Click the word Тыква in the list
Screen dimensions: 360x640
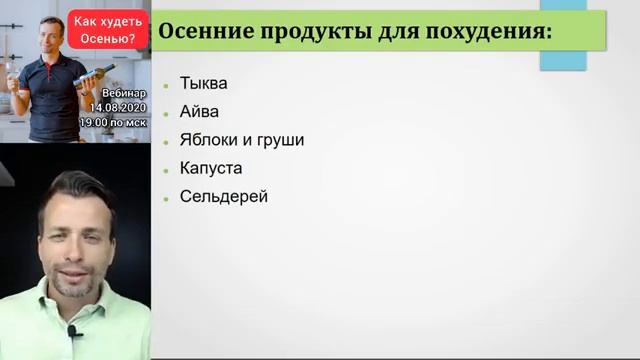(x=203, y=83)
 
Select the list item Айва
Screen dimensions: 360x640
(x=199, y=111)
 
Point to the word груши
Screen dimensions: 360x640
(x=281, y=140)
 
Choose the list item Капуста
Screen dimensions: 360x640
(x=211, y=168)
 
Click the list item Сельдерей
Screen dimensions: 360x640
(x=224, y=196)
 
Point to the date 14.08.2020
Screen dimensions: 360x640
(x=117, y=106)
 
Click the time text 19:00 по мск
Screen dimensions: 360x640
(x=113, y=122)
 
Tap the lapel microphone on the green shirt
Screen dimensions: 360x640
(x=74, y=330)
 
